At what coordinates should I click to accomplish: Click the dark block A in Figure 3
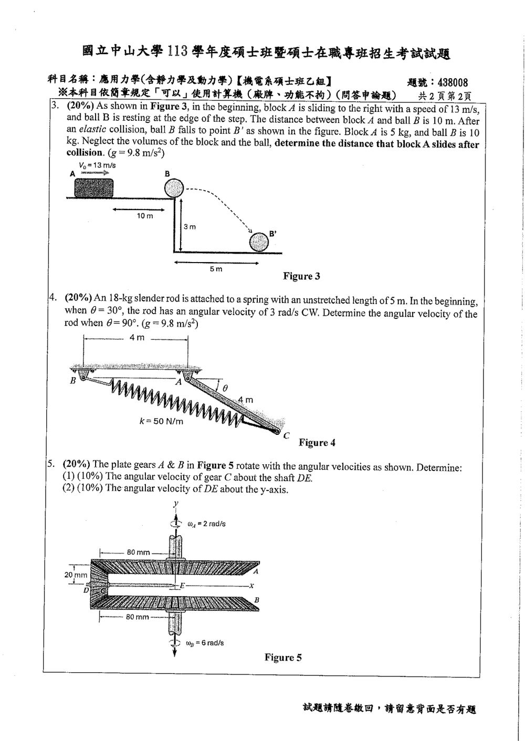pos(93,188)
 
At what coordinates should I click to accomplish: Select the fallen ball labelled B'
pos(259,242)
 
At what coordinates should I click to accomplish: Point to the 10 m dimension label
pos(145,216)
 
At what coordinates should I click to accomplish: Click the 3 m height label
pos(190,226)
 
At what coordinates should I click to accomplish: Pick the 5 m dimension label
pos(216,269)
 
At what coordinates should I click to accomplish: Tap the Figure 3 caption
pos(301,276)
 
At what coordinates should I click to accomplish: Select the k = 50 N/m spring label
pos(161,421)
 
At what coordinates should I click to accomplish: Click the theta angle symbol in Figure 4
pos(225,388)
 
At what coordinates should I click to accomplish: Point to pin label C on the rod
pos(286,436)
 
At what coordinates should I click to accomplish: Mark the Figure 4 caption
pos(317,443)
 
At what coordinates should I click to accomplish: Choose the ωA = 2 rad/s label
pos(207,524)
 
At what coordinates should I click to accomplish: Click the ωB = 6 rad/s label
pos(205,643)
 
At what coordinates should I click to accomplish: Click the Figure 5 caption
pos(283,657)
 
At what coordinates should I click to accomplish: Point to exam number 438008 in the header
pos(453,82)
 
